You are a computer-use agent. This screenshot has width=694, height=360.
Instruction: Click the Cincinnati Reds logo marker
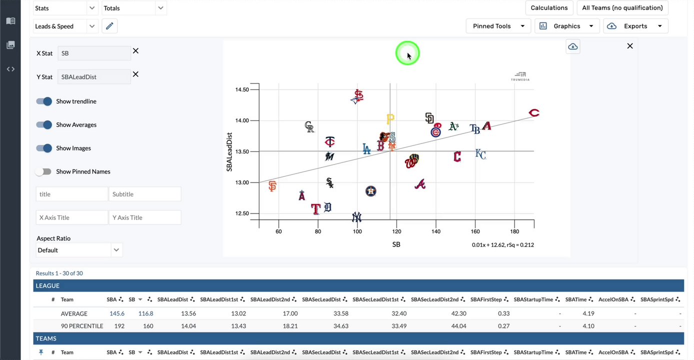click(x=534, y=113)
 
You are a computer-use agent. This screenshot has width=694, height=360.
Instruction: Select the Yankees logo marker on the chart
click(x=356, y=217)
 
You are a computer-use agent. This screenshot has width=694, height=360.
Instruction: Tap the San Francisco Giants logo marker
click(x=272, y=186)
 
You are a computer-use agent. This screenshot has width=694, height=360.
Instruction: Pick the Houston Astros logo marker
click(x=370, y=191)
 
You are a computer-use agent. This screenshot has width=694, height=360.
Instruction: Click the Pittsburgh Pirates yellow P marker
click(x=390, y=118)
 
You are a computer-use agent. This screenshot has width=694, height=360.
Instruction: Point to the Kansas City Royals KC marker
click(x=480, y=154)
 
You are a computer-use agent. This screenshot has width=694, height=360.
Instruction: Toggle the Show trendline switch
click(x=44, y=101)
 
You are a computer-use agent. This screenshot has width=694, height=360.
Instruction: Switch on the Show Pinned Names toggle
click(x=44, y=171)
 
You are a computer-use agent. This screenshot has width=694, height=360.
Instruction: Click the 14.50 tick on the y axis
click(x=242, y=89)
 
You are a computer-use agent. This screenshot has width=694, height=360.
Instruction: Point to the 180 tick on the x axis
click(x=514, y=231)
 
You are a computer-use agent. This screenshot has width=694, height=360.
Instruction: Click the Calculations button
click(x=549, y=8)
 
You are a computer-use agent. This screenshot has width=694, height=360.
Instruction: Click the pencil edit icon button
click(x=109, y=26)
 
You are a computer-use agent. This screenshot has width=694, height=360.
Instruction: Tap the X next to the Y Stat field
click(x=135, y=74)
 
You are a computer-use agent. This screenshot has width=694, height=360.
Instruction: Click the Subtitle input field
click(x=144, y=194)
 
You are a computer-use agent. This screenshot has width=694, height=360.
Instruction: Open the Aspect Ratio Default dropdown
click(x=79, y=250)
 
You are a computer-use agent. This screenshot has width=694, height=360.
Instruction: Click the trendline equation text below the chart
click(x=502, y=245)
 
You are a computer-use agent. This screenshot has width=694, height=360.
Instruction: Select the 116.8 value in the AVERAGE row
click(x=145, y=313)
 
